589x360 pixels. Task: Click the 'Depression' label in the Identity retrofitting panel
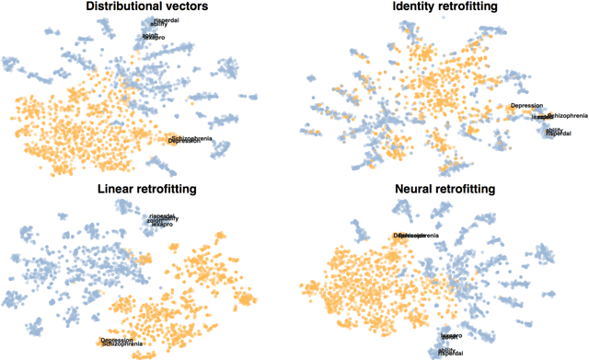click(x=526, y=106)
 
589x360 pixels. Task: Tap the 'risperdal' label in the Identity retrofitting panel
click(x=559, y=134)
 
